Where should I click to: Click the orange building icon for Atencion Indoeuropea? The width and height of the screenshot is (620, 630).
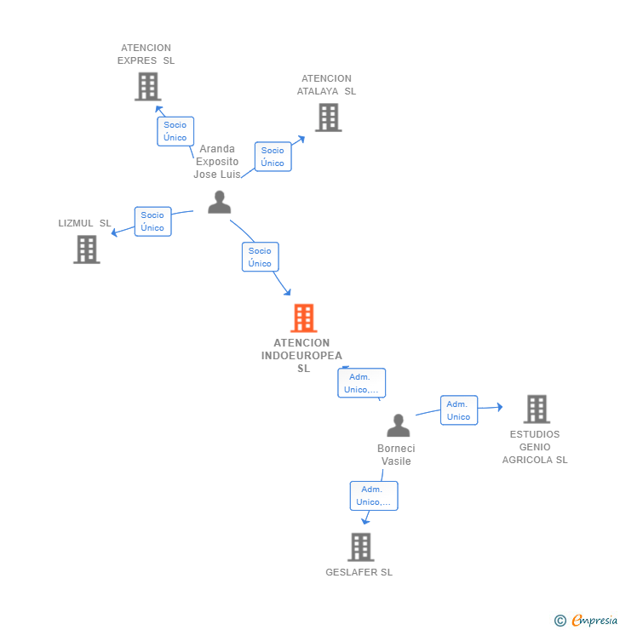click(x=304, y=318)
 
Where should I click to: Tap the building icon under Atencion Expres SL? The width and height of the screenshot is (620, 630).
click(x=147, y=86)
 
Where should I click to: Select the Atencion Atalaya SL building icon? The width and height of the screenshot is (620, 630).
click(x=328, y=117)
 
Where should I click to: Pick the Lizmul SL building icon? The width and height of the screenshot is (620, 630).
click(x=87, y=249)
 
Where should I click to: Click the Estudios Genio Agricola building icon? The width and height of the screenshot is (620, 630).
click(x=536, y=409)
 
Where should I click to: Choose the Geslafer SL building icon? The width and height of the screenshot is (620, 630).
click(x=361, y=547)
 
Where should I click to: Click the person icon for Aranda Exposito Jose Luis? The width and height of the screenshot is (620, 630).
click(x=220, y=202)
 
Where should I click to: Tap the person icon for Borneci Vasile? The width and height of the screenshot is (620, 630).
click(x=398, y=425)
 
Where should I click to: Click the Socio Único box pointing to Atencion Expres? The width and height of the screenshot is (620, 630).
click(x=175, y=131)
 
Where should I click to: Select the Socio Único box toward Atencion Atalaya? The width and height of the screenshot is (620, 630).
click(x=273, y=157)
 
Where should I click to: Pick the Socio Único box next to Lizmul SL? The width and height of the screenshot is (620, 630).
click(x=152, y=221)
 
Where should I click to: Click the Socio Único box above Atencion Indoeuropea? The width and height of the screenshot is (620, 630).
click(x=260, y=257)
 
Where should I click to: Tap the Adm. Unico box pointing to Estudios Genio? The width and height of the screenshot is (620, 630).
click(x=458, y=410)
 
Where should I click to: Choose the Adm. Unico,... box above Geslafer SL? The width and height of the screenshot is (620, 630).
click(x=373, y=495)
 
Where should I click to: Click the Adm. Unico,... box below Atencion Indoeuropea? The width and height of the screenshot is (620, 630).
click(x=361, y=383)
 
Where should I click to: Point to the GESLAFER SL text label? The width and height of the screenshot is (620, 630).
click(x=359, y=572)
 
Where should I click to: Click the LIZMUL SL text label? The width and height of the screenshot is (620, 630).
click(x=84, y=223)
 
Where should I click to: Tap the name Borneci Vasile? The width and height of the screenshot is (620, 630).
click(x=396, y=455)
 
